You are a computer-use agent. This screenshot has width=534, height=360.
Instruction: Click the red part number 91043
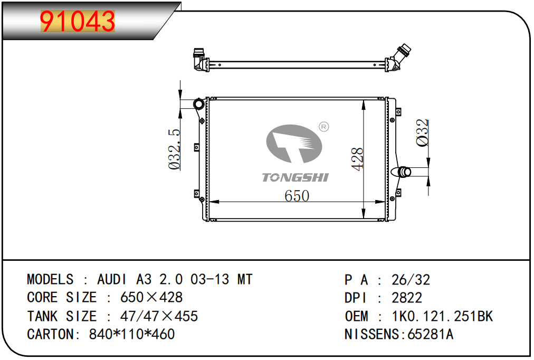(x=78, y=21)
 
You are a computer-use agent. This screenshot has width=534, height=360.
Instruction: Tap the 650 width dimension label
(x=297, y=196)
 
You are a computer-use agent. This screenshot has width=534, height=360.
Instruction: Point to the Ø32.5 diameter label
(x=174, y=149)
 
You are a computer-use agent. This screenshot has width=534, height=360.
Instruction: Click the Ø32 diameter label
(x=422, y=133)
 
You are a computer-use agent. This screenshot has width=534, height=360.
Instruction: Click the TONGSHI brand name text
(x=295, y=177)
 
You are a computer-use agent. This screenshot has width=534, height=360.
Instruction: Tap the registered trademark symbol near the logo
(x=323, y=127)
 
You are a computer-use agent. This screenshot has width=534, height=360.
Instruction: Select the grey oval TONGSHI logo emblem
(x=294, y=144)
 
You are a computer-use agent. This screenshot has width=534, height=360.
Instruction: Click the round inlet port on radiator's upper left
(x=198, y=103)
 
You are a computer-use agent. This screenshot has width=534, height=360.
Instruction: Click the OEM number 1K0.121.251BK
(x=442, y=316)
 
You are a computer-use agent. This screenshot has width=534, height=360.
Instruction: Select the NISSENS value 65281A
(x=431, y=334)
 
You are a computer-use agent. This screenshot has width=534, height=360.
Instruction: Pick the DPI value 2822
(x=407, y=298)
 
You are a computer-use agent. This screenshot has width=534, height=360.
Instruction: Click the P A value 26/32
(x=411, y=280)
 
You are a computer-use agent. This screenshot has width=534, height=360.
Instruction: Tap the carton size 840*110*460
(x=132, y=334)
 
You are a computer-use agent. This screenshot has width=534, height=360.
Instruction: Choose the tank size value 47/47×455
(x=159, y=316)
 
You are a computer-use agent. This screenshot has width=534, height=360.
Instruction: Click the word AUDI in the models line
(x=112, y=280)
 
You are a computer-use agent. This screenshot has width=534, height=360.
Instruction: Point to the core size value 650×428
(x=151, y=297)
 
